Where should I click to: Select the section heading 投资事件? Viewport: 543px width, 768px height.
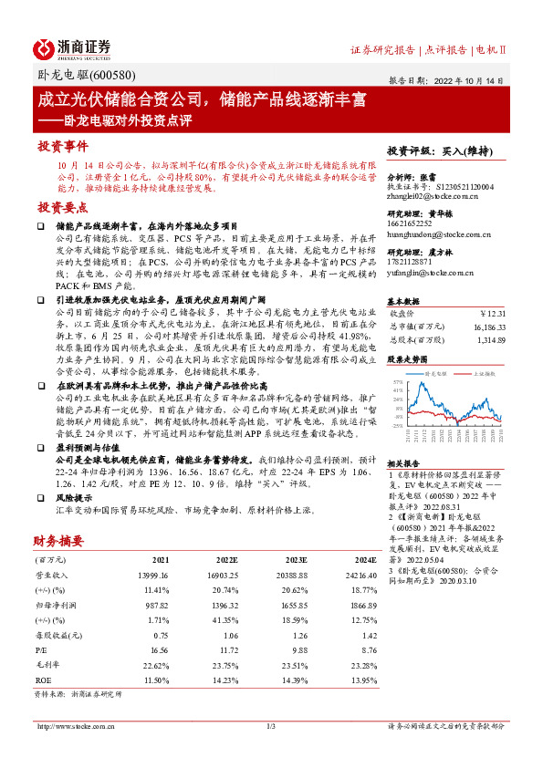(63, 146)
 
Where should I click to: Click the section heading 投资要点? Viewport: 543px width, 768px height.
(63, 207)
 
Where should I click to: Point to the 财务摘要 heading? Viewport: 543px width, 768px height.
(59, 540)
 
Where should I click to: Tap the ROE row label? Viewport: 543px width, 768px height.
(43, 680)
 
